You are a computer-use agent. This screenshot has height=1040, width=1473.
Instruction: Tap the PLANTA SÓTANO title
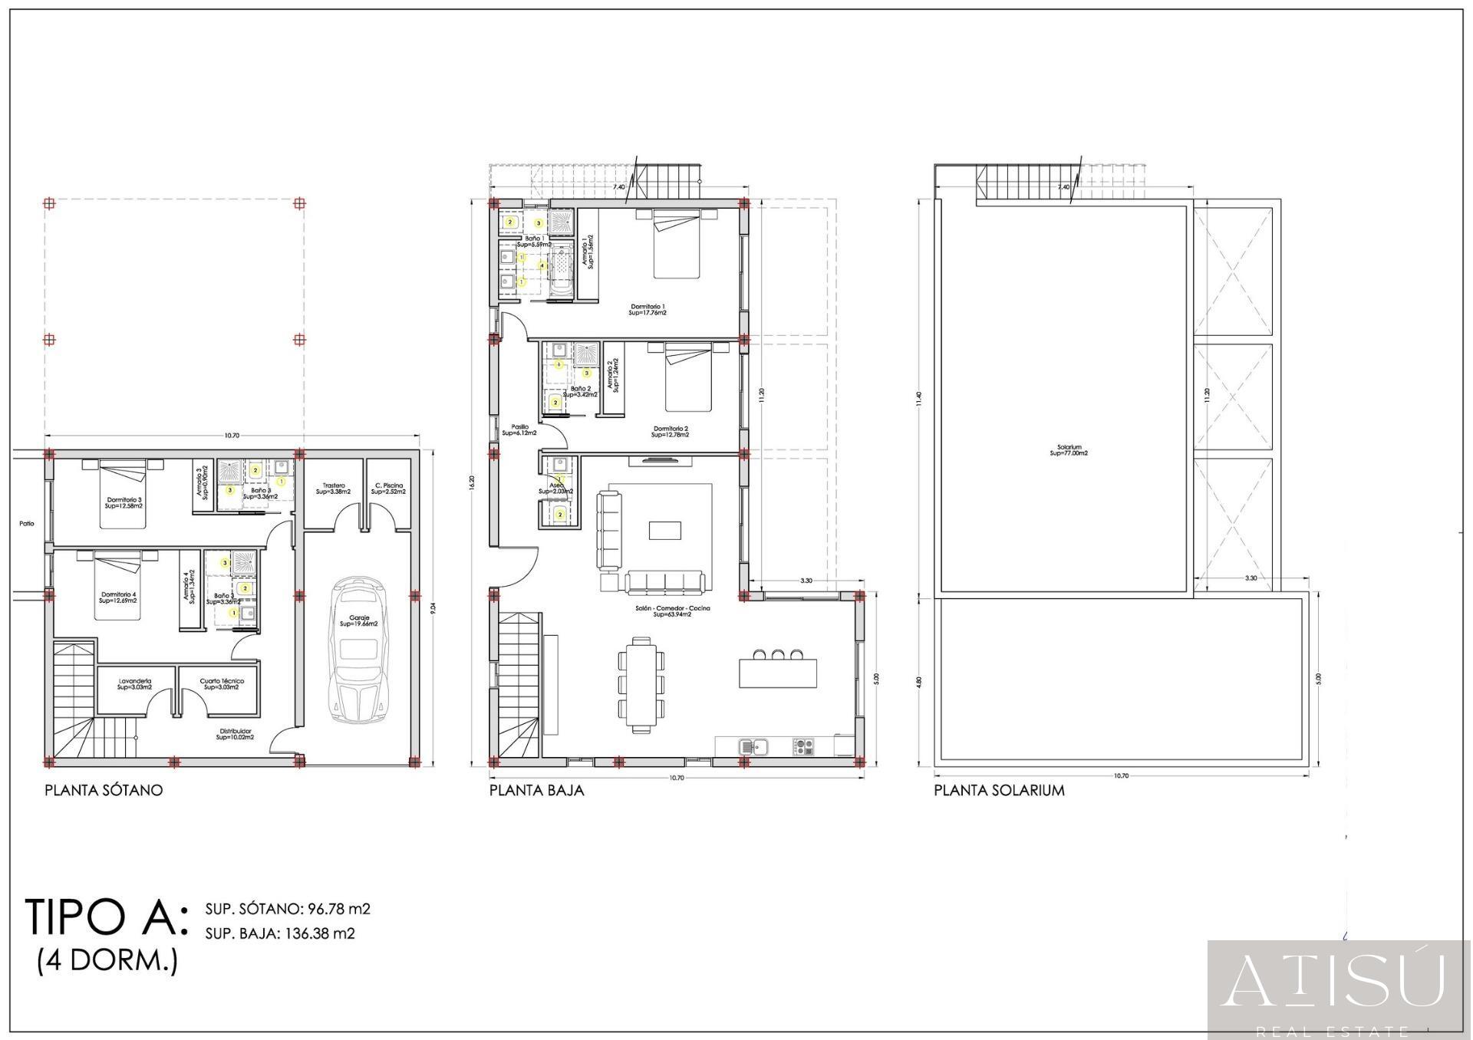[x=104, y=790]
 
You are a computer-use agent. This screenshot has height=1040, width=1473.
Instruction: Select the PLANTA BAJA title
[x=536, y=790]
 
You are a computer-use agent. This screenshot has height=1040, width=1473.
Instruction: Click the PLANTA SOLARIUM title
[x=999, y=790]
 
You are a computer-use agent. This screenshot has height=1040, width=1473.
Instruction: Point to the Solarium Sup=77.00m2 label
[x=1069, y=450]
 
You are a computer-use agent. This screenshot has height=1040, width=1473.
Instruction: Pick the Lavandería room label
[x=134, y=684]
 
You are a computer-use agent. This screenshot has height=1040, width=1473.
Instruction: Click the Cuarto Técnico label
[x=222, y=684]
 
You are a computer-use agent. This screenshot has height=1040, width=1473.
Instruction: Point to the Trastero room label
[x=333, y=489]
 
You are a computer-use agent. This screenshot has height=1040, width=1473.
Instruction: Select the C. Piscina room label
[x=388, y=489]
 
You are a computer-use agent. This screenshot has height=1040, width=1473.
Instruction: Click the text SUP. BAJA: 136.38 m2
[x=280, y=933]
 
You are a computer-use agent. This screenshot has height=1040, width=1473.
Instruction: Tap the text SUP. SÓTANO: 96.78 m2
[x=288, y=909]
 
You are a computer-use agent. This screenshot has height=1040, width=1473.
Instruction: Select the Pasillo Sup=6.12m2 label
[x=519, y=430]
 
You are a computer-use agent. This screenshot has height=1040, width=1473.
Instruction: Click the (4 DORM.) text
[x=107, y=961]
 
